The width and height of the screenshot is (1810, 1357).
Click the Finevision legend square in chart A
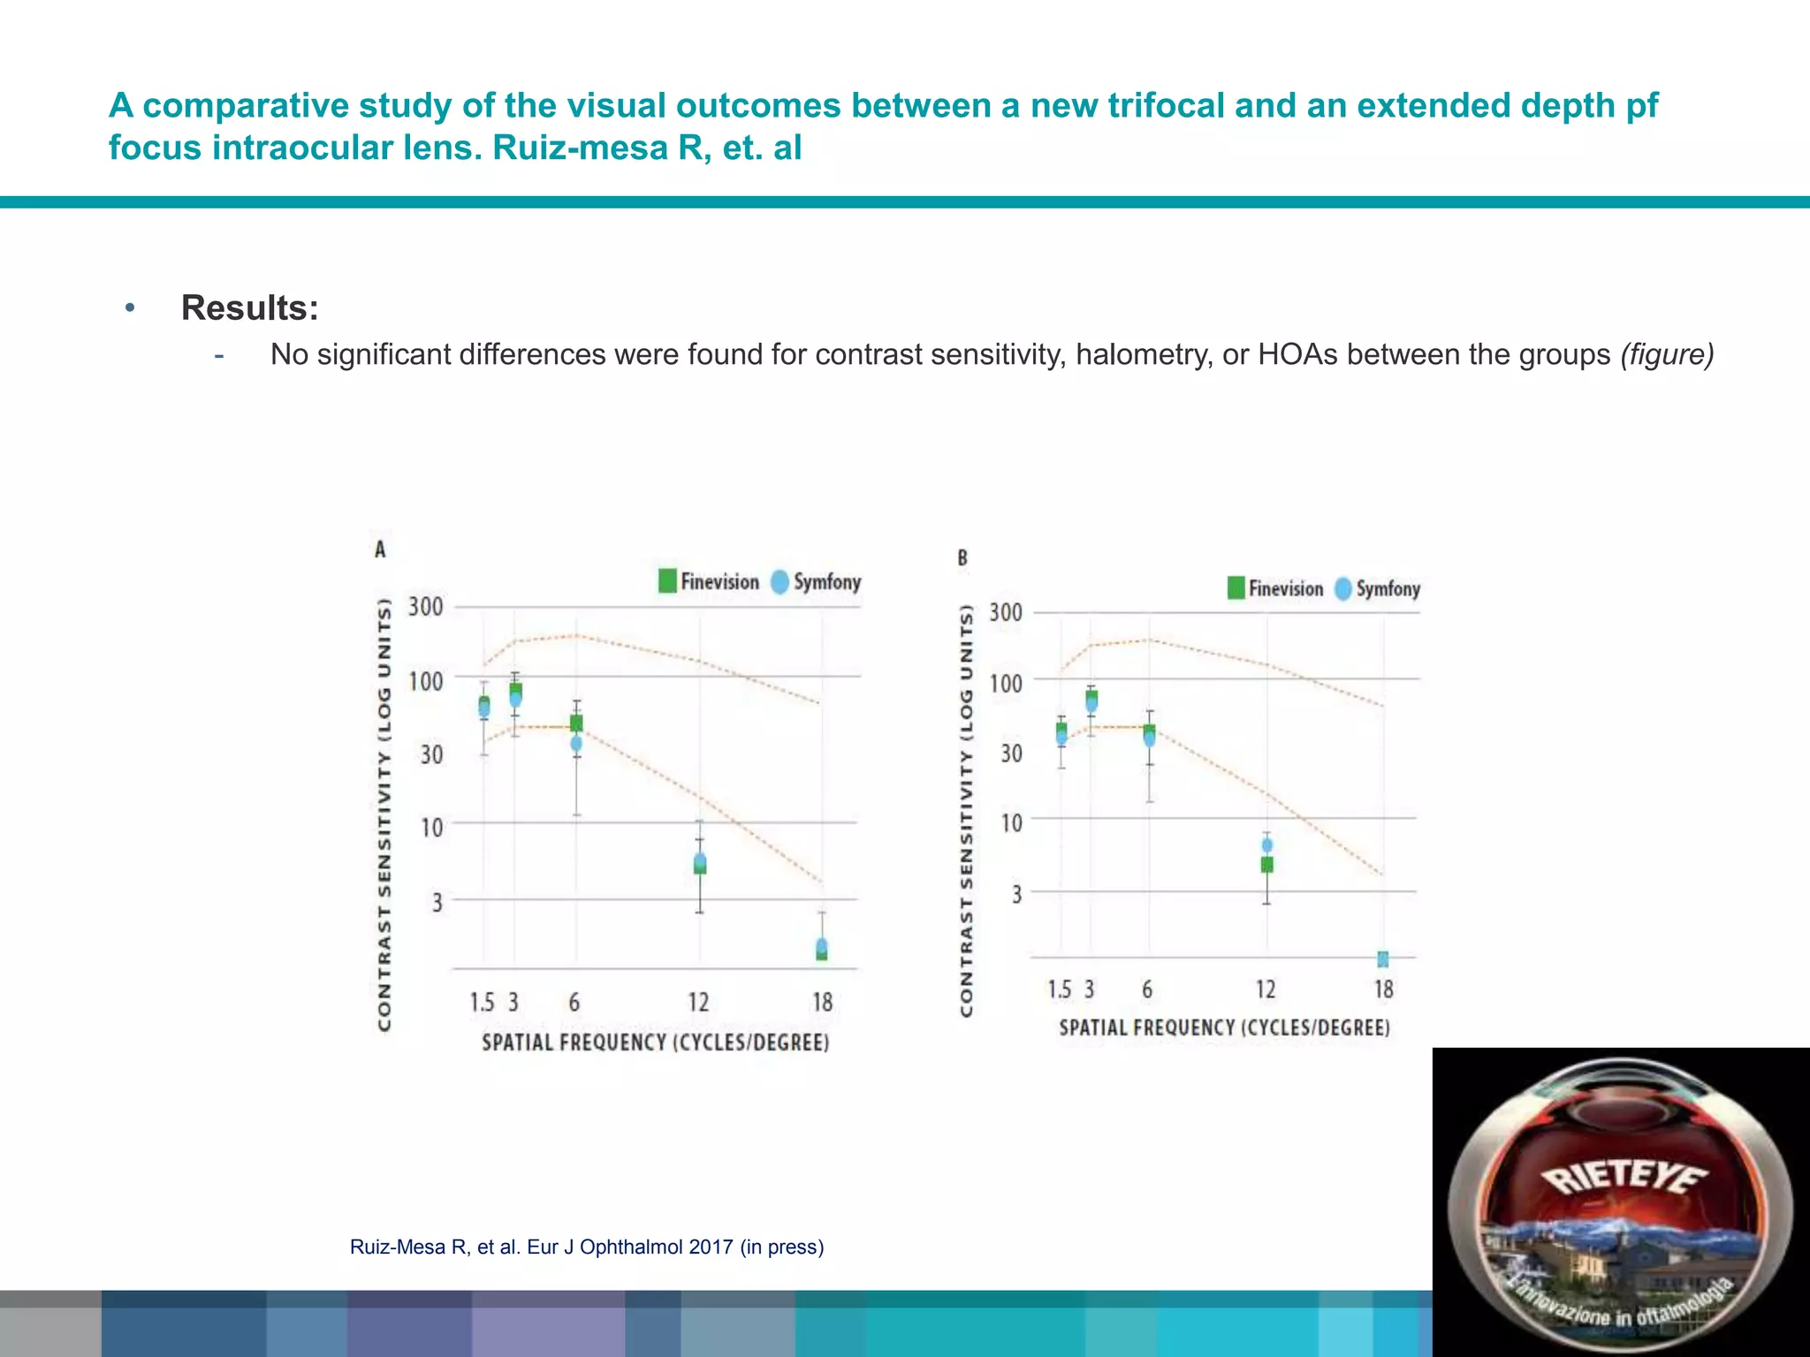point(667,581)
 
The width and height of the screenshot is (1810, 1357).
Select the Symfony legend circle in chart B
point(1343,588)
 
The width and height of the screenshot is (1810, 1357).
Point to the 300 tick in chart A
point(425,607)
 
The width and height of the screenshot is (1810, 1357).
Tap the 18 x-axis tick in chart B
point(1383,989)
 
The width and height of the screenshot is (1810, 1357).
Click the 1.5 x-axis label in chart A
point(482,1003)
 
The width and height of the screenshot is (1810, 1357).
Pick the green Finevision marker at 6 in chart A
point(576,723)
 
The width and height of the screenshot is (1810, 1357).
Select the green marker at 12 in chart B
point(1266,864)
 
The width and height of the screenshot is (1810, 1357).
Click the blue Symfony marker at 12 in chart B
point(1266,845)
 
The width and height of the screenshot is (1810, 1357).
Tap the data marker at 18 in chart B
point(1383,959)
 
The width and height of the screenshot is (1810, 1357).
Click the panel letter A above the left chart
point(380,550)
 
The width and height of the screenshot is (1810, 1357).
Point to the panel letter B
point(962,558)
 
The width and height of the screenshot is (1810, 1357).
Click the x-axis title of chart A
point(655,1042)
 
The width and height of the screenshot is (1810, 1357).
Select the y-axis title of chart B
point(967,810)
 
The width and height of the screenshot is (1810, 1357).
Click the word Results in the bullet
point(249,307)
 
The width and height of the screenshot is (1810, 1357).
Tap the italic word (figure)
point(1667,354)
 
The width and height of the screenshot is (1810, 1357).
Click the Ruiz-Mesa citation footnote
point(587,1247)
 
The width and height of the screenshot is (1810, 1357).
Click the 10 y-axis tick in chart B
point(1011,823)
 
